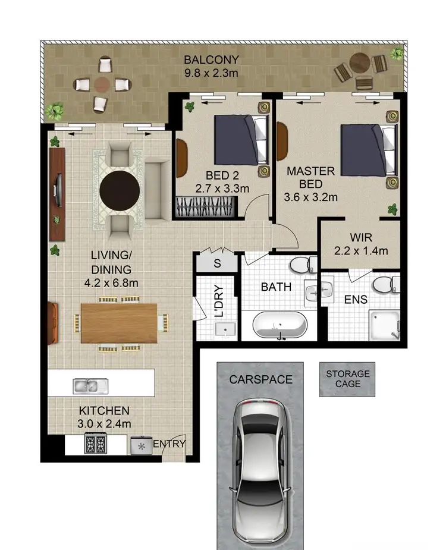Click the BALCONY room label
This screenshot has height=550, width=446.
[211, 60]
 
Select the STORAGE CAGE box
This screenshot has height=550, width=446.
[347, 380]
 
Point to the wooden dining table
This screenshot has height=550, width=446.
[119, 323]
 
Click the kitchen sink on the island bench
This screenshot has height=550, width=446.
[89, 386]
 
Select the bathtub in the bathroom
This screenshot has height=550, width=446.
[279, 326]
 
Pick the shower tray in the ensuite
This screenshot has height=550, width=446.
[384, 325]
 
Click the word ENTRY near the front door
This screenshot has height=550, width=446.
[169, 444]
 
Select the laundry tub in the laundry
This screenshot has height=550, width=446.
[225, 329]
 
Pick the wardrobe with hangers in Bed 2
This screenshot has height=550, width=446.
[206, 207]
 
